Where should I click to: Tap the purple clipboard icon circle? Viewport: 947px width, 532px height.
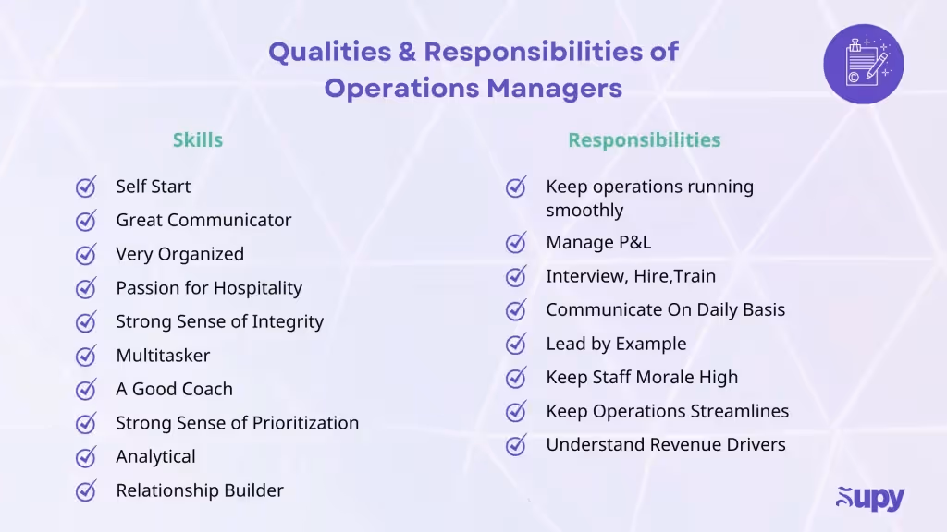[x=863, y=64]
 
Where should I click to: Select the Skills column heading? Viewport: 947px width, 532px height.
[x=197, y=140]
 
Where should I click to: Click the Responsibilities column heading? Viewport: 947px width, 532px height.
[x=644, y=140]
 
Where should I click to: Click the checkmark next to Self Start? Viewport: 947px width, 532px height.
[x=86, y=187]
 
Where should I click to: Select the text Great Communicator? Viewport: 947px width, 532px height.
[x=203, y=220]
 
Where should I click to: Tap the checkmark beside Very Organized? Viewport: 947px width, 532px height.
[x=86, y=255]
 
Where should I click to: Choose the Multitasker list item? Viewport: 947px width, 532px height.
[x=163, y=356]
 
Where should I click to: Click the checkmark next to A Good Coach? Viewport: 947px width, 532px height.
[x=86, y=390]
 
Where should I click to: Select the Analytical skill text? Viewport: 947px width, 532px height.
[x=155, y=456]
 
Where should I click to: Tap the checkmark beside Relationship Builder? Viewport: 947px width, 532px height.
[x=86, y=490]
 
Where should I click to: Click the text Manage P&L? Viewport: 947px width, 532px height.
[x=598, y=242]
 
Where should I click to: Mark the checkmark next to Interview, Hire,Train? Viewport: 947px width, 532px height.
[x=516, y=277]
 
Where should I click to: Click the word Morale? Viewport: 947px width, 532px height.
[x=665, y=377]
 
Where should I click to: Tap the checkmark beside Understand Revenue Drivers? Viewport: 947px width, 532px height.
[x=516, y=445]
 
